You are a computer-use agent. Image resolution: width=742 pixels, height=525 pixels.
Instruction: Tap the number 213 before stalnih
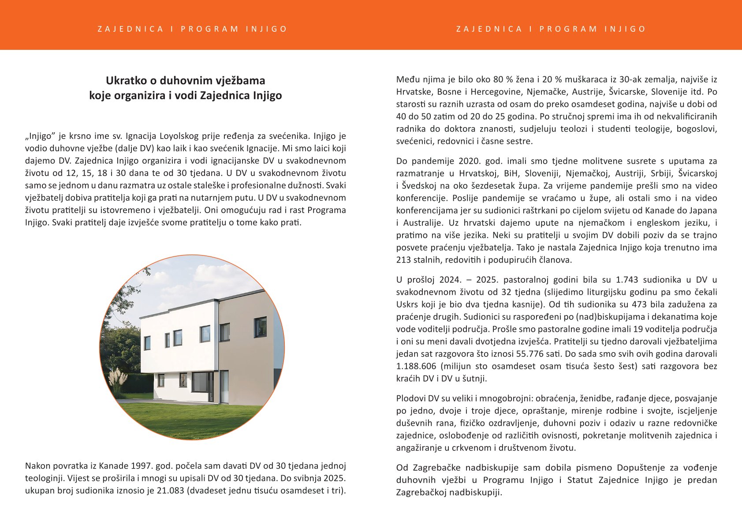click(x=403, y=260)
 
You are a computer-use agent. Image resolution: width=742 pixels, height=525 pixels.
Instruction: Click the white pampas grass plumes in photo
click(x=118, y=378)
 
